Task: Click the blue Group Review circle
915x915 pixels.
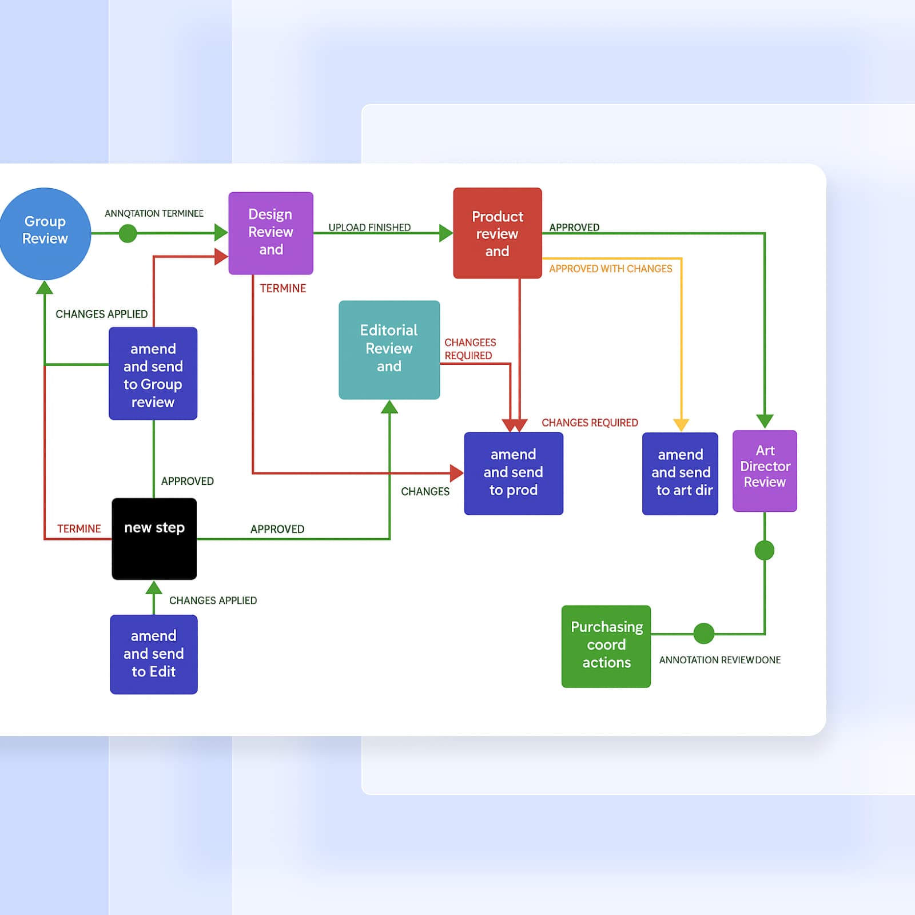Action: pos(45,233)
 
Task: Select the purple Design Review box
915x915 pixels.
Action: pos(270,233)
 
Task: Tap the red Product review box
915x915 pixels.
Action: pos(497,233)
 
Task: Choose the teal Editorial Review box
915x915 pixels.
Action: pos(389,349)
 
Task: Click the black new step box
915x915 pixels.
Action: pos(154,539)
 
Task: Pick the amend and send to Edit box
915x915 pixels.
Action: pos(153,654)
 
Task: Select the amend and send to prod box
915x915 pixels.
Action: pos(513,473)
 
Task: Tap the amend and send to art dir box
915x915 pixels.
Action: pos(680,473)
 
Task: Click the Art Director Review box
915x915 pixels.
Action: pos(765,470)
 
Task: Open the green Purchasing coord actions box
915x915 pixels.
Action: pos(606,646)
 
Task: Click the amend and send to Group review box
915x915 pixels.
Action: pos(153,373)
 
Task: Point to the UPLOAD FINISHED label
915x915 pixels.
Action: pos(369,227)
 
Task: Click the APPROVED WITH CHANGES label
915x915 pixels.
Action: pos(610,269)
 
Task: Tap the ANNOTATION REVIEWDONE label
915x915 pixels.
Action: pos(719,660)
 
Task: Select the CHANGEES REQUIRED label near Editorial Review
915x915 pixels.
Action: pos(470,349)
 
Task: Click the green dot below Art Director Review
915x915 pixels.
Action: pos(764,550)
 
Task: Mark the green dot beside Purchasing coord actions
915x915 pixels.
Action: pos(703,633)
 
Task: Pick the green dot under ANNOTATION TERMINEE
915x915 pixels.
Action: pos(128,233)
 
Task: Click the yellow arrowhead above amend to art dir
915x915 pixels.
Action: pos(681,425)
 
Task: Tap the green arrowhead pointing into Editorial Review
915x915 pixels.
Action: pos(389,407)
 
